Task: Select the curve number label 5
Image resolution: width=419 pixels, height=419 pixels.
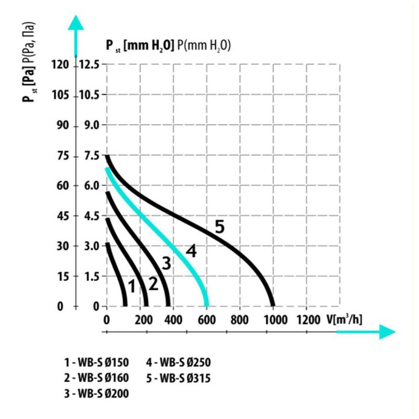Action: [x=219, y=227]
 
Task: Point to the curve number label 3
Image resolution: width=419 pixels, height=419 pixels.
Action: [x=166, y=263]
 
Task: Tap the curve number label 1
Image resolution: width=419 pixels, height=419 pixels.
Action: [x=132, y=286]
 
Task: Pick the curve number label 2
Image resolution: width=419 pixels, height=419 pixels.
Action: [x=153, y=284]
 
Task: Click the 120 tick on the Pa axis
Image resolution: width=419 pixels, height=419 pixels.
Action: [x=60, y=64]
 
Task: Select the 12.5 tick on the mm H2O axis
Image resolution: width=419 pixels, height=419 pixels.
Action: [x=88, y=64]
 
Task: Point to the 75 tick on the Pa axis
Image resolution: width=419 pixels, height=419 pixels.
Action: [x=63, y=156]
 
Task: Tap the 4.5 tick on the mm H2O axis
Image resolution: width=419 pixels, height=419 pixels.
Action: [x=92, y=216]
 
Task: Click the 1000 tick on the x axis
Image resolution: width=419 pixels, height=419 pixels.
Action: [x=276, y=319]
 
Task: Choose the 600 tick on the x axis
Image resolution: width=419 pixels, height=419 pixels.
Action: [x=206, y=319]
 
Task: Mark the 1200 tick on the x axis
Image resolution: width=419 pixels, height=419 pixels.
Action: [x=308, y=319]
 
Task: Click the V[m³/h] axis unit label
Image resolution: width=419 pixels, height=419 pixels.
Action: [x=345, y=319]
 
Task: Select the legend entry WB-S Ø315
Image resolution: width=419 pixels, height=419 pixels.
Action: [x=178, y=378]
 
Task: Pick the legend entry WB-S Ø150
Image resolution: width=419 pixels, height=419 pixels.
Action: [x=96, y=362]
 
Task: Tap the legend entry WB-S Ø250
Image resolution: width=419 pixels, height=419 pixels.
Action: [x=178, y=362]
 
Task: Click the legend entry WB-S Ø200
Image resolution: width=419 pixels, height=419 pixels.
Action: [x=96, y=394]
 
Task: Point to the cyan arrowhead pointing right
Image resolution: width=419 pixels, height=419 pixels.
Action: [x=387, y=332]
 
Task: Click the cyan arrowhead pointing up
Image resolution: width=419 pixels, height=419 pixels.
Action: [x=76, y=23]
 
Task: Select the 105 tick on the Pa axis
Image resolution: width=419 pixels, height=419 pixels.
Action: [x=60, y=95]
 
